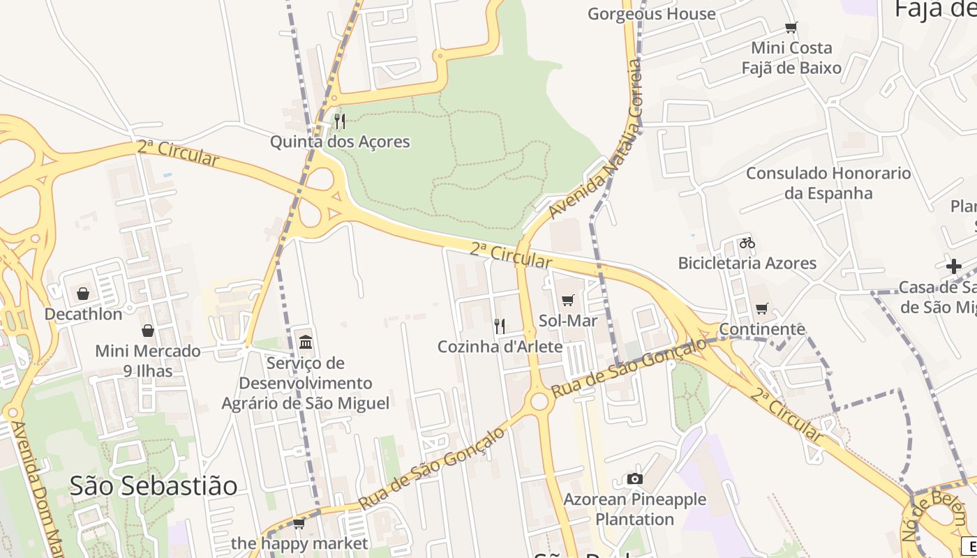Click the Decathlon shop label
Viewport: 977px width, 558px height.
83,314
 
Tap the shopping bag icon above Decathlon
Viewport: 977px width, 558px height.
83,294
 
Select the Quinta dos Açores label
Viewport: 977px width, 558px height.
340,142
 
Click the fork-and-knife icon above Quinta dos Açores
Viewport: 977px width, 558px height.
340,121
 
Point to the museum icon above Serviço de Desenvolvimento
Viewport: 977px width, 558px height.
306,342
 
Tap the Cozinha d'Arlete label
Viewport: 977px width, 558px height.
500,347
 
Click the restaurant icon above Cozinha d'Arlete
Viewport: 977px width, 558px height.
500,326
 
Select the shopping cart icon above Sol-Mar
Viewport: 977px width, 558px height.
567,301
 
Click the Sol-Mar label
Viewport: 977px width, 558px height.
568,321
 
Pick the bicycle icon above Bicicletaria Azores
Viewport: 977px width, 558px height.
747,243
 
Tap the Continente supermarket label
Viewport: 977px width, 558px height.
762,329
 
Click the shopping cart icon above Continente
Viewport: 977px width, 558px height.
762,308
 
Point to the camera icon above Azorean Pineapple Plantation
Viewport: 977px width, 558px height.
634,478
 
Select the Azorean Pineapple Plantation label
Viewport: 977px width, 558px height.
634,509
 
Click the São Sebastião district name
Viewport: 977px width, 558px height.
154,485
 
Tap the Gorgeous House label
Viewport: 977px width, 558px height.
652,14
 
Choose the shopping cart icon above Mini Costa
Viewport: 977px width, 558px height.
791,28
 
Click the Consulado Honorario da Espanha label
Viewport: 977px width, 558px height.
828,183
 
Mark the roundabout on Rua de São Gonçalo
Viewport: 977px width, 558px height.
539,401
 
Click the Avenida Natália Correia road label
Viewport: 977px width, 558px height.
595,139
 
